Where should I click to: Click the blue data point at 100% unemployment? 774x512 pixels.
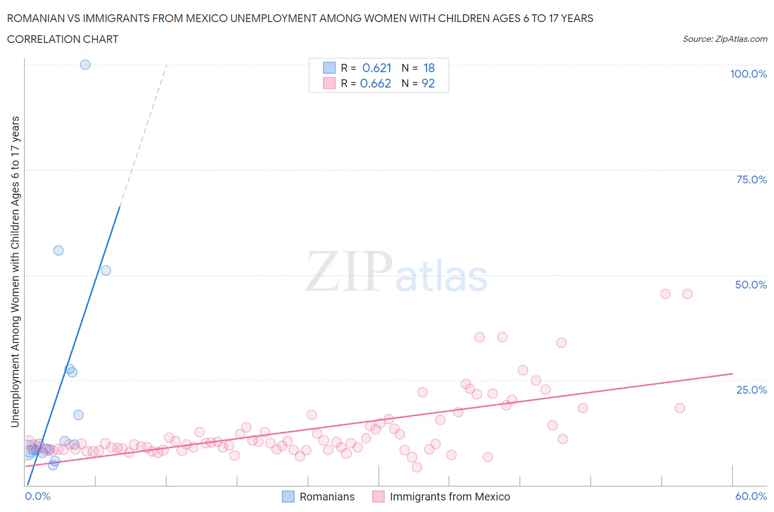point(85,64)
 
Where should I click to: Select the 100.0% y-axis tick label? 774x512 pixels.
point(748,74)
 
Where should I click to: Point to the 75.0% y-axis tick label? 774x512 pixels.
point(751,179)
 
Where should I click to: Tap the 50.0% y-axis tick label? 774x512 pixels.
point(751,285)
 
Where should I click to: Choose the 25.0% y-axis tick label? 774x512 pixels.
point(751,390)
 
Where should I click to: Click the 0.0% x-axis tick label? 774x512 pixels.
point(37,496)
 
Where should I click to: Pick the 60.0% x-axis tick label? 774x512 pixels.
point(751,496)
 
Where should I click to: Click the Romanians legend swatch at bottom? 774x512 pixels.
point(288,497)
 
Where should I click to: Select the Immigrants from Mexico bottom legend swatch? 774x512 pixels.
point(378,497)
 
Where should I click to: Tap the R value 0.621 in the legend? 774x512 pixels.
point(377,68)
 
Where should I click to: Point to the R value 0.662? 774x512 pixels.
point(375,83)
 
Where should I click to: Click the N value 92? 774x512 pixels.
point(428,83)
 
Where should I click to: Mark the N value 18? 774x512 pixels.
point(429,68)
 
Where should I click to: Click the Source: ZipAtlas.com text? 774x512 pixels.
point(724,39)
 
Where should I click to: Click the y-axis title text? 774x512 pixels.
point(15,272)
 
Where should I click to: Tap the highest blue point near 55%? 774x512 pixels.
point(58,250)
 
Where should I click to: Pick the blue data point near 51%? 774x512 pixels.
point(106,270)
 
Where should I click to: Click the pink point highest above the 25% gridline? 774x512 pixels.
point(687,294)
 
